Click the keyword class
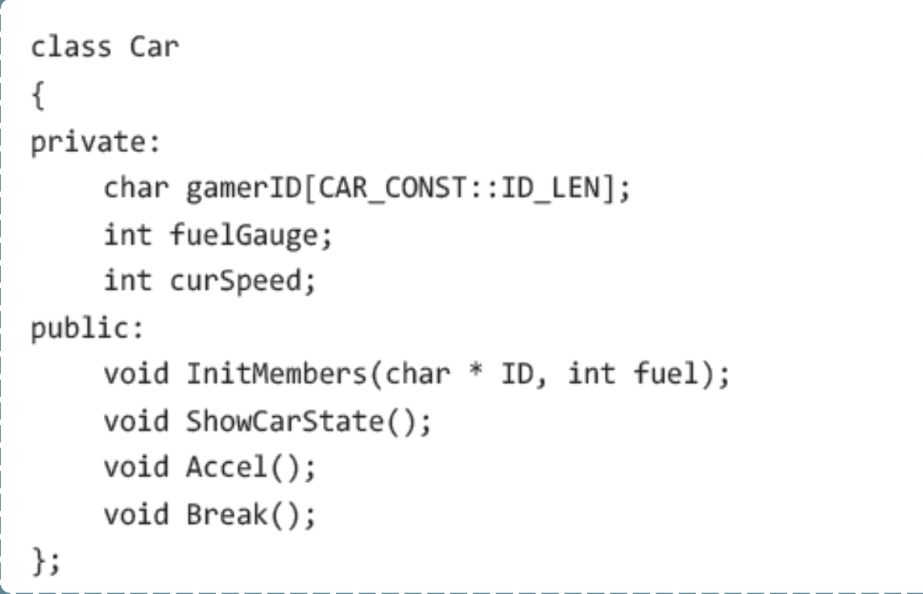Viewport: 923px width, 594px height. [70, 47]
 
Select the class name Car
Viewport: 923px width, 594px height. [154, 47]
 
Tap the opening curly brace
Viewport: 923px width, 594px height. [37, 95]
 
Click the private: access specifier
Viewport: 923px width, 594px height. [96, 143]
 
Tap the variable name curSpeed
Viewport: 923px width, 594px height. [242, 281]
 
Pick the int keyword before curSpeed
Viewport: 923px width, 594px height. [126, 281]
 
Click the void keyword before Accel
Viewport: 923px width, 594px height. [136, 468]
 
